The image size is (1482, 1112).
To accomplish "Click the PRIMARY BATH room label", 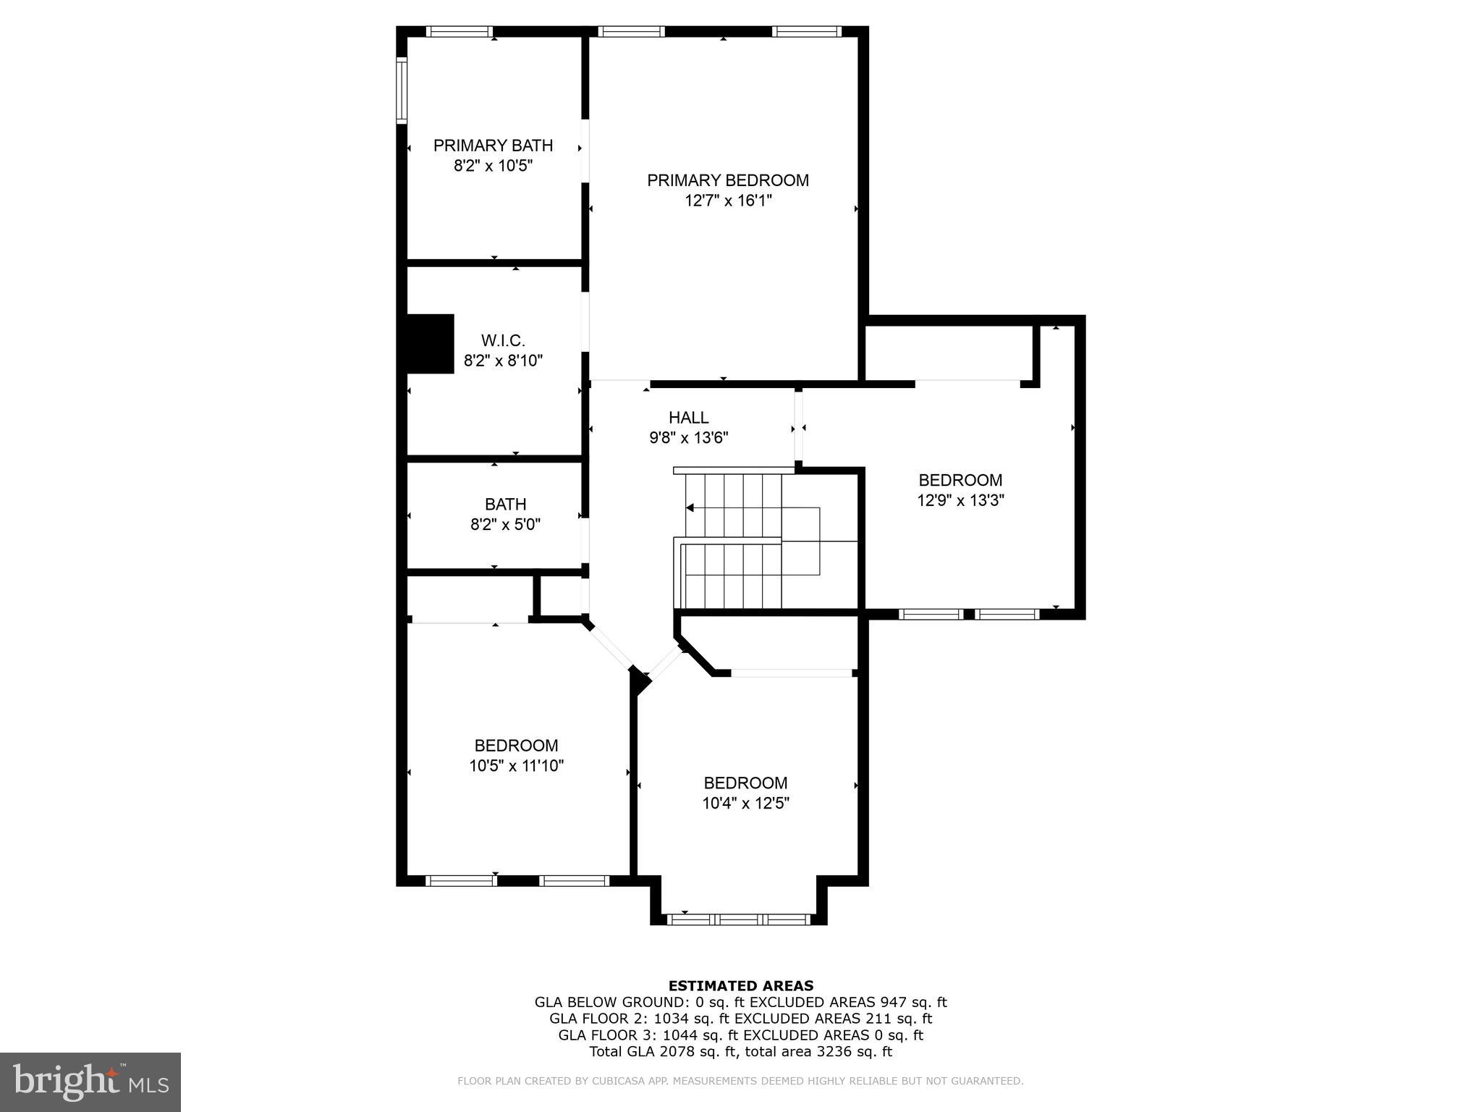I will pos(493,146).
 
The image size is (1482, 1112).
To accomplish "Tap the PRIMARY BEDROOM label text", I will pos(727,180).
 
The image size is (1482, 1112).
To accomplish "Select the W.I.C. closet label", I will pos(503,340).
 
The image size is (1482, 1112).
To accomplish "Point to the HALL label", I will pos(688,418).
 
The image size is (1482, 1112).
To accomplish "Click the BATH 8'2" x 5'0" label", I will pos(505,514).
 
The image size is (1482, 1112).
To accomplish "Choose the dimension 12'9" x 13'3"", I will pos(960,500).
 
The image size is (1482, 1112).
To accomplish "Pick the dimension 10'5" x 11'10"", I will pos(516,766).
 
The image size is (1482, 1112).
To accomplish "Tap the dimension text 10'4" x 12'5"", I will pos(745,803).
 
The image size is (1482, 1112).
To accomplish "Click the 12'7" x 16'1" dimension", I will pos(728,201).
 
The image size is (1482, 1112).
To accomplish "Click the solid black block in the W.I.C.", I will pos(431,344).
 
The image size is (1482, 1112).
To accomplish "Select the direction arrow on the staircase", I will pos(690,507).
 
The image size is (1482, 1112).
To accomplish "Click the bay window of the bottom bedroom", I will pos(738,919).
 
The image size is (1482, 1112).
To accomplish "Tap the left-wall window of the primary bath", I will pos(402,90).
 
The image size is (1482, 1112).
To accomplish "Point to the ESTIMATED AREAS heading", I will pos(740,985).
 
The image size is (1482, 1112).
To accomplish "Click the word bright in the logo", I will pos(65,1081).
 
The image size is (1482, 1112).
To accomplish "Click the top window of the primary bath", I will pos(459,32).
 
